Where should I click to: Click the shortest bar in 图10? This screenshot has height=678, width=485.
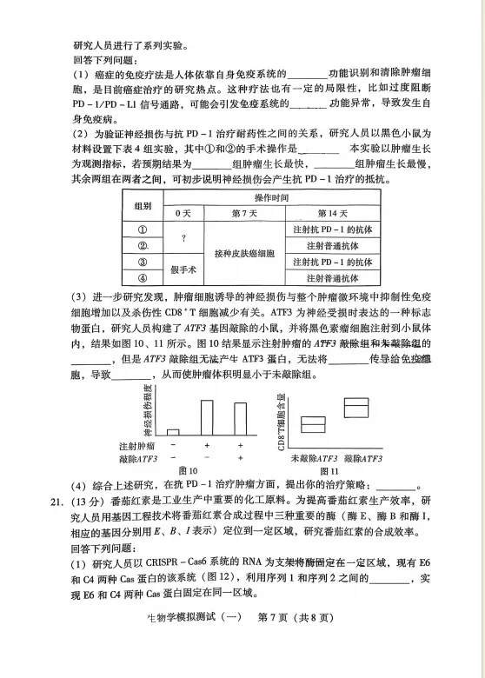tap(173, 431)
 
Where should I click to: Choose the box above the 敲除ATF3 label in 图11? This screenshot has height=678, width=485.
tap(355, 407)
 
